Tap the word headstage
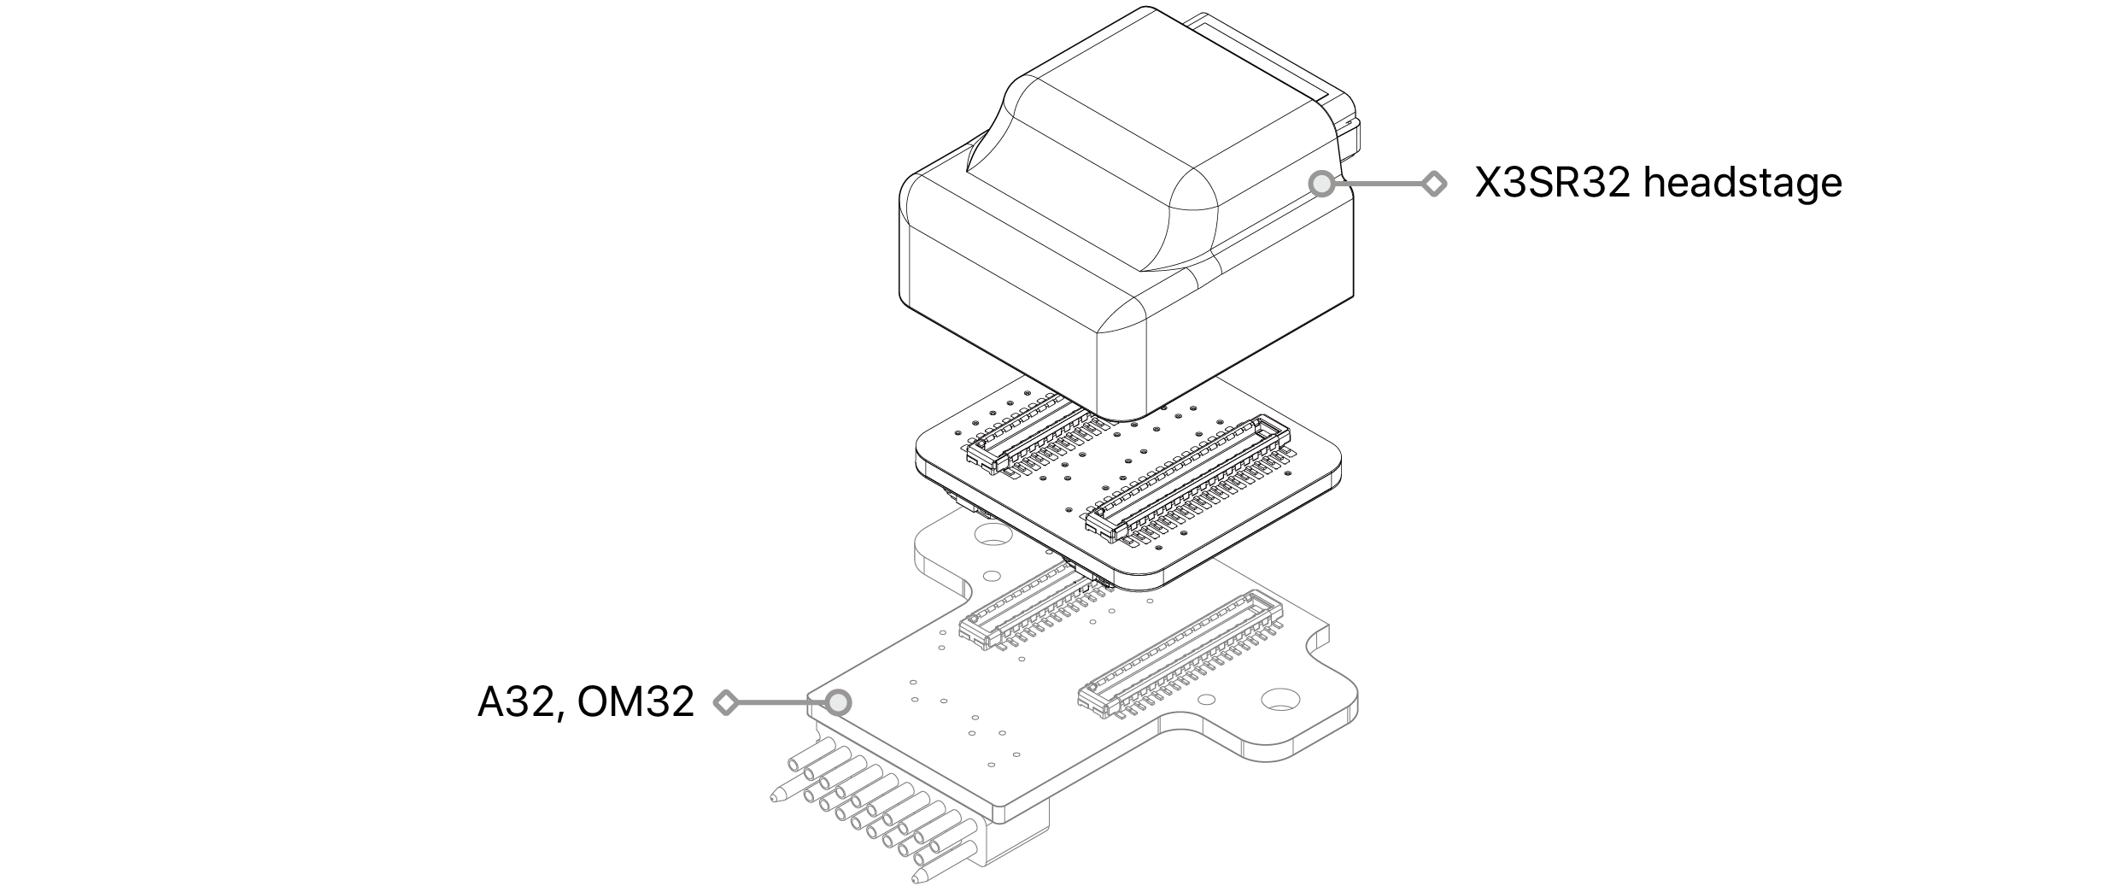click(x=1742, y=185)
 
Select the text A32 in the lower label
click(x=515, y=703)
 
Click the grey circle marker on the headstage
click(x=1321, y=184)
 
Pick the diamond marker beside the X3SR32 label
click(x=1434, y=184)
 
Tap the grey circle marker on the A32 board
click(x=839, y=702)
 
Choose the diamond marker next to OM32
click(x=726, y=702)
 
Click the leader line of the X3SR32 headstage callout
click(x=1378, y=184)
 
